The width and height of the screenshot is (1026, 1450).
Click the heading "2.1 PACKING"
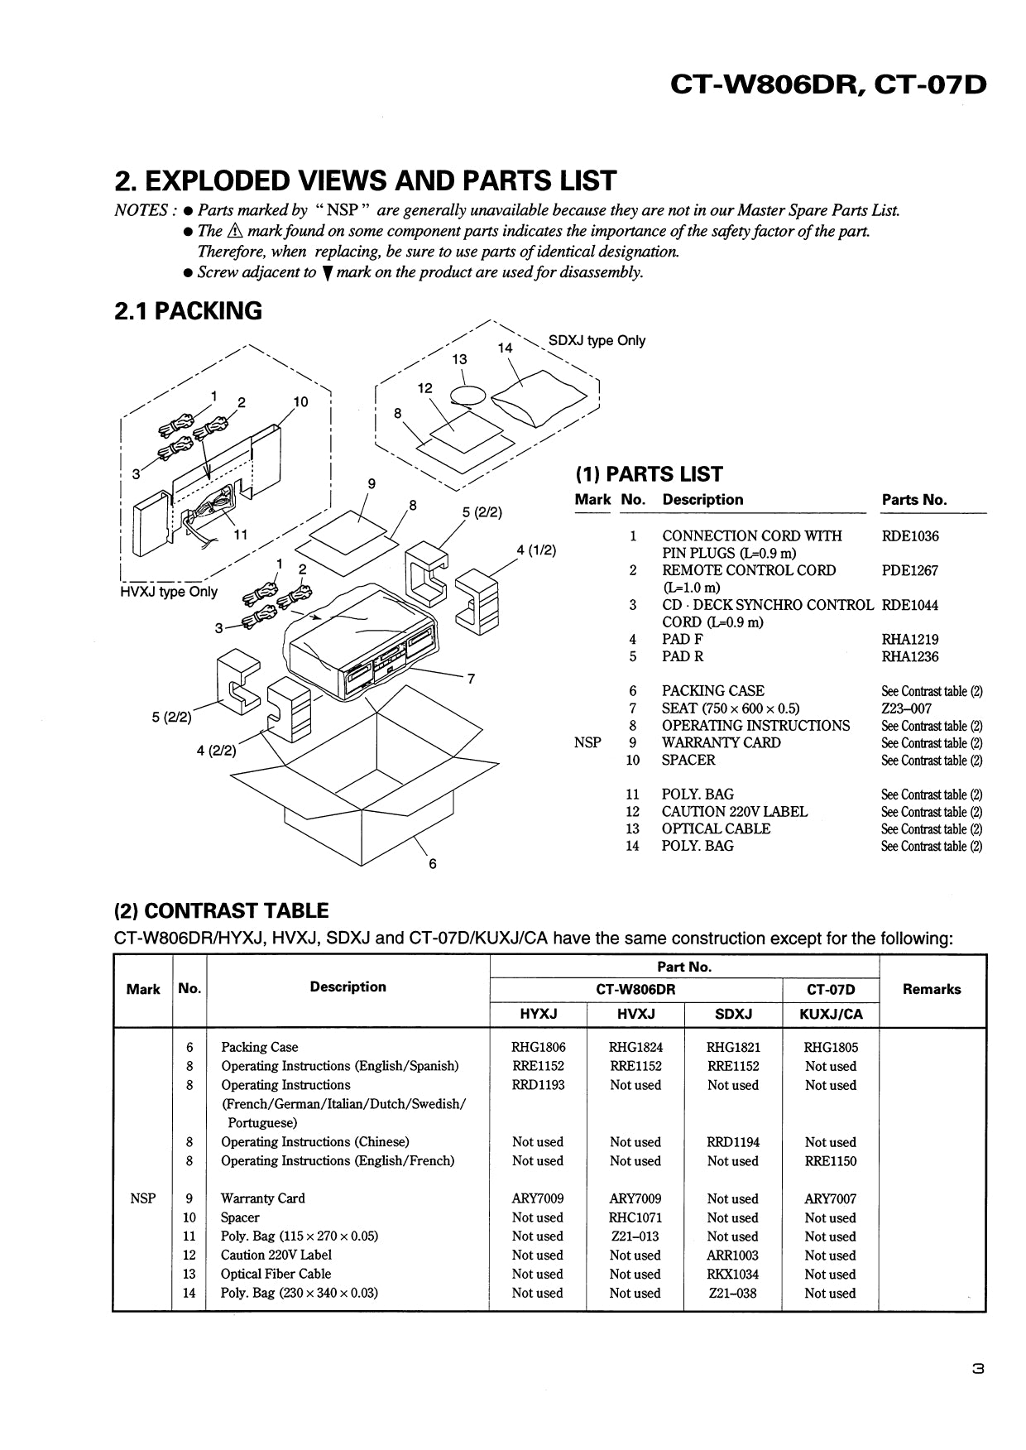click(x=188, y=311)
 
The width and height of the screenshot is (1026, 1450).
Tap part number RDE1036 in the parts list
click(x=910, y=535)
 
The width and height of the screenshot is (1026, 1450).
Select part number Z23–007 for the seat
click(x=906, y=708)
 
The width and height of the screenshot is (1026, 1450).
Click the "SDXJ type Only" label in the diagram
click(x=597, y=340)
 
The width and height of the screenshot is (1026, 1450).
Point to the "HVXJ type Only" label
click(x=169, y=592)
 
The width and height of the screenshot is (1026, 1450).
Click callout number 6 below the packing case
click(x=432, y=864)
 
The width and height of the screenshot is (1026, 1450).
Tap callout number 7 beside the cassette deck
click(x=471, y=679)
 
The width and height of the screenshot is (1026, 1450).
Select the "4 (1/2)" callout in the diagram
click(x=536, y=550)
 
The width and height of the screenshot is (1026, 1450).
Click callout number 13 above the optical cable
click(x=459, y=359)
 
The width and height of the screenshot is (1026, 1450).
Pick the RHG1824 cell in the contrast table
click(x=635, y=1047)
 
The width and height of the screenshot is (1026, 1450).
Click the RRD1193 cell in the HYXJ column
click(x=538, y=1085)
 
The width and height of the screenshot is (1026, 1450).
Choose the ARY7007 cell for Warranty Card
click(x=830, y=1198)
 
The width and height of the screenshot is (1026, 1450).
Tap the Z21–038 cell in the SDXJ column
click(x=732, y=1293)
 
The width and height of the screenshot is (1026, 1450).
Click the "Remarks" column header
click(x=932, y=989)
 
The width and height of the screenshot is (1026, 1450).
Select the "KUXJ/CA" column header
click(x=831, y=1014)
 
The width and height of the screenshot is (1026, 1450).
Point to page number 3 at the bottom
click(x=977, y=1370)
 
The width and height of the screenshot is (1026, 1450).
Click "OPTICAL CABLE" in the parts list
click(x=716, y=828)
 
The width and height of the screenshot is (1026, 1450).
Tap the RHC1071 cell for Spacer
click(x=635, y=1217)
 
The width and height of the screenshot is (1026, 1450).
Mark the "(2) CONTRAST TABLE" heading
click(x=221, y=911)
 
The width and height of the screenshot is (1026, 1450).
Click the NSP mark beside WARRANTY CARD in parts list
click(x=587, y=742)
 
